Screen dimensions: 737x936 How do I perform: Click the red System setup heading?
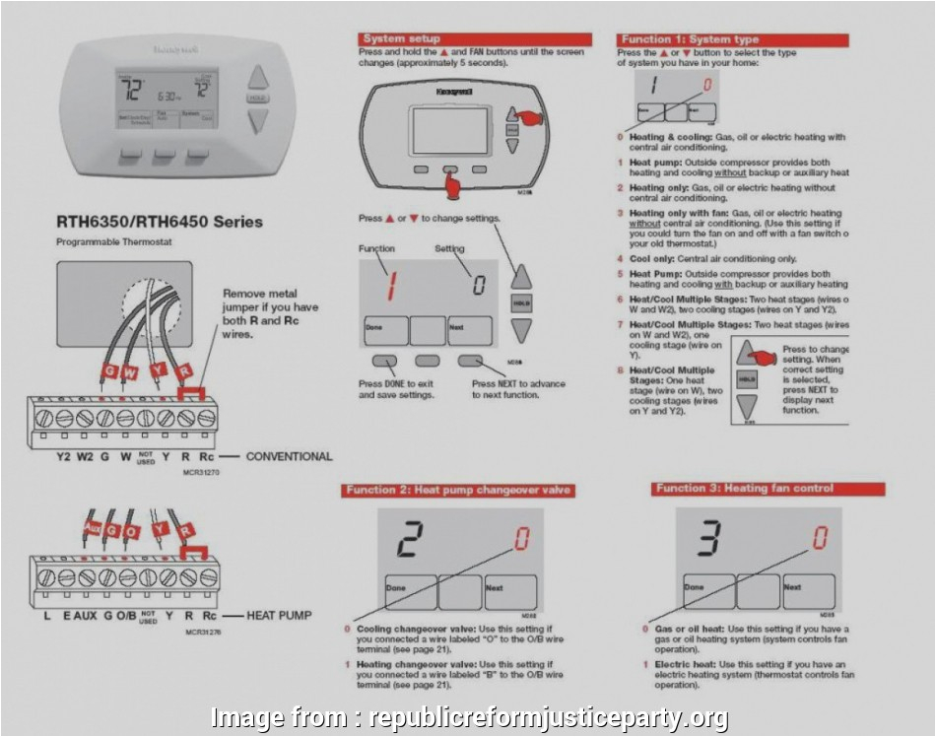(402, 38)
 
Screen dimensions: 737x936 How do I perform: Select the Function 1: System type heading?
(689, 39)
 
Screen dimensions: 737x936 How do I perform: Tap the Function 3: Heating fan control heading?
(745, 489)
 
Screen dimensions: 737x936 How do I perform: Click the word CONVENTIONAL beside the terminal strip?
(289, 456)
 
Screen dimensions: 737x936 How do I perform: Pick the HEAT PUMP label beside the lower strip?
(279, 615)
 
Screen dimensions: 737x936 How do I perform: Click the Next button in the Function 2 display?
(509, 591)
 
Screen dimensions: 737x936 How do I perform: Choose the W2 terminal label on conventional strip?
(85, 456)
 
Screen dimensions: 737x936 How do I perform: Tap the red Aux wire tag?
(91, 529)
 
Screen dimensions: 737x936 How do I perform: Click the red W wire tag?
(127, 372)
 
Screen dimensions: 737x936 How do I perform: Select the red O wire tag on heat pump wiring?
(132, 531)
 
